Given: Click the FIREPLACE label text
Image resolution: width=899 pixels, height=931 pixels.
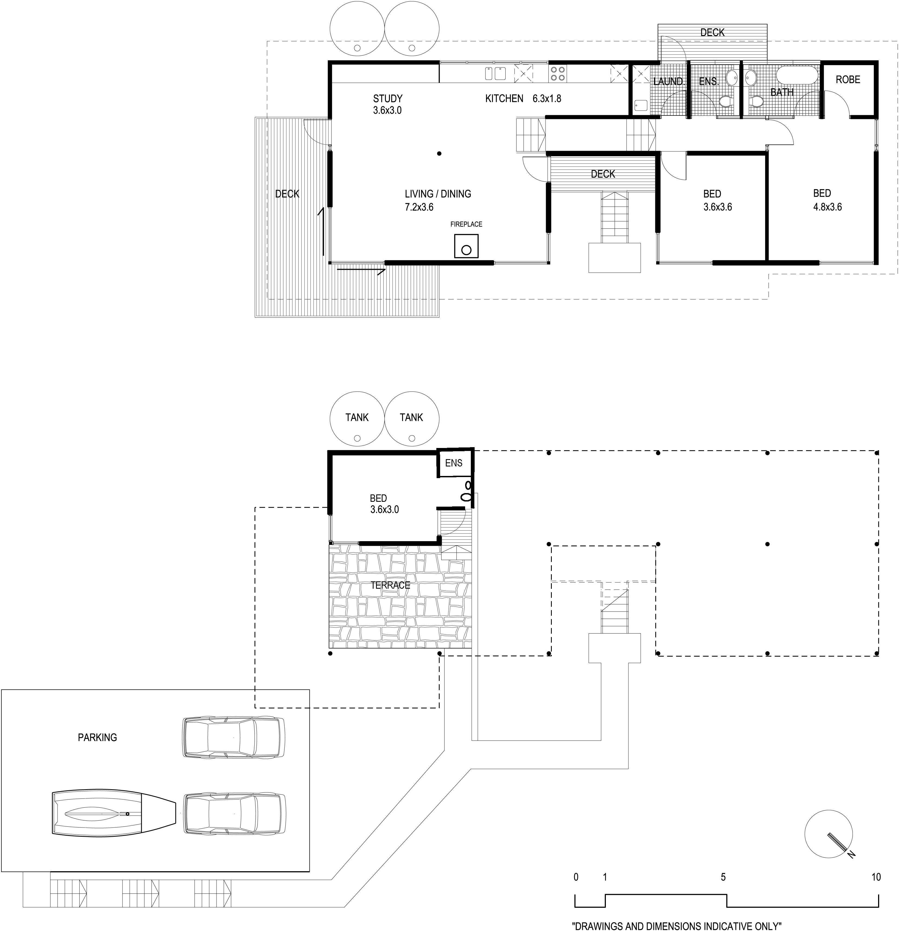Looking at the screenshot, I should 466,224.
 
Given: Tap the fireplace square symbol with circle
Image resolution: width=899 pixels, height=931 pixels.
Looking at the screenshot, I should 466,246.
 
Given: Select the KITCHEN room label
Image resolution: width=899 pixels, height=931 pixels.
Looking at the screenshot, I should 504,99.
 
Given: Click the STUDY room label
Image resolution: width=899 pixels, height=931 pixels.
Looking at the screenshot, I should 387,99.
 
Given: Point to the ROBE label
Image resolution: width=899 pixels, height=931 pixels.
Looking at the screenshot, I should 848,80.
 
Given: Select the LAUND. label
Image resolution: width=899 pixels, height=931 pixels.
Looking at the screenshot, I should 668,82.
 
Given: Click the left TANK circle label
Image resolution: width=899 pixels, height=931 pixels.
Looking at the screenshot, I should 357,418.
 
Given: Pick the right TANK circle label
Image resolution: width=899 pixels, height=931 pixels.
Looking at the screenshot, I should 411,418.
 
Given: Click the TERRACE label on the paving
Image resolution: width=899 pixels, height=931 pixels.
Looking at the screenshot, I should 390,585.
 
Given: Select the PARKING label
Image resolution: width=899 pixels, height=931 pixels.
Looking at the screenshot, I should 97,738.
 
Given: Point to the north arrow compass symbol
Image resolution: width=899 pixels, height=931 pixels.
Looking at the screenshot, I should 829,834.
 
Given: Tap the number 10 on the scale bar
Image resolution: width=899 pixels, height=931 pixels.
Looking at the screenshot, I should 876,877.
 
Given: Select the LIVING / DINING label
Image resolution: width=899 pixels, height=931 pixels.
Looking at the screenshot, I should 438,194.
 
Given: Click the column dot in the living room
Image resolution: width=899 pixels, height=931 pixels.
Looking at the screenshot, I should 439,153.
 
